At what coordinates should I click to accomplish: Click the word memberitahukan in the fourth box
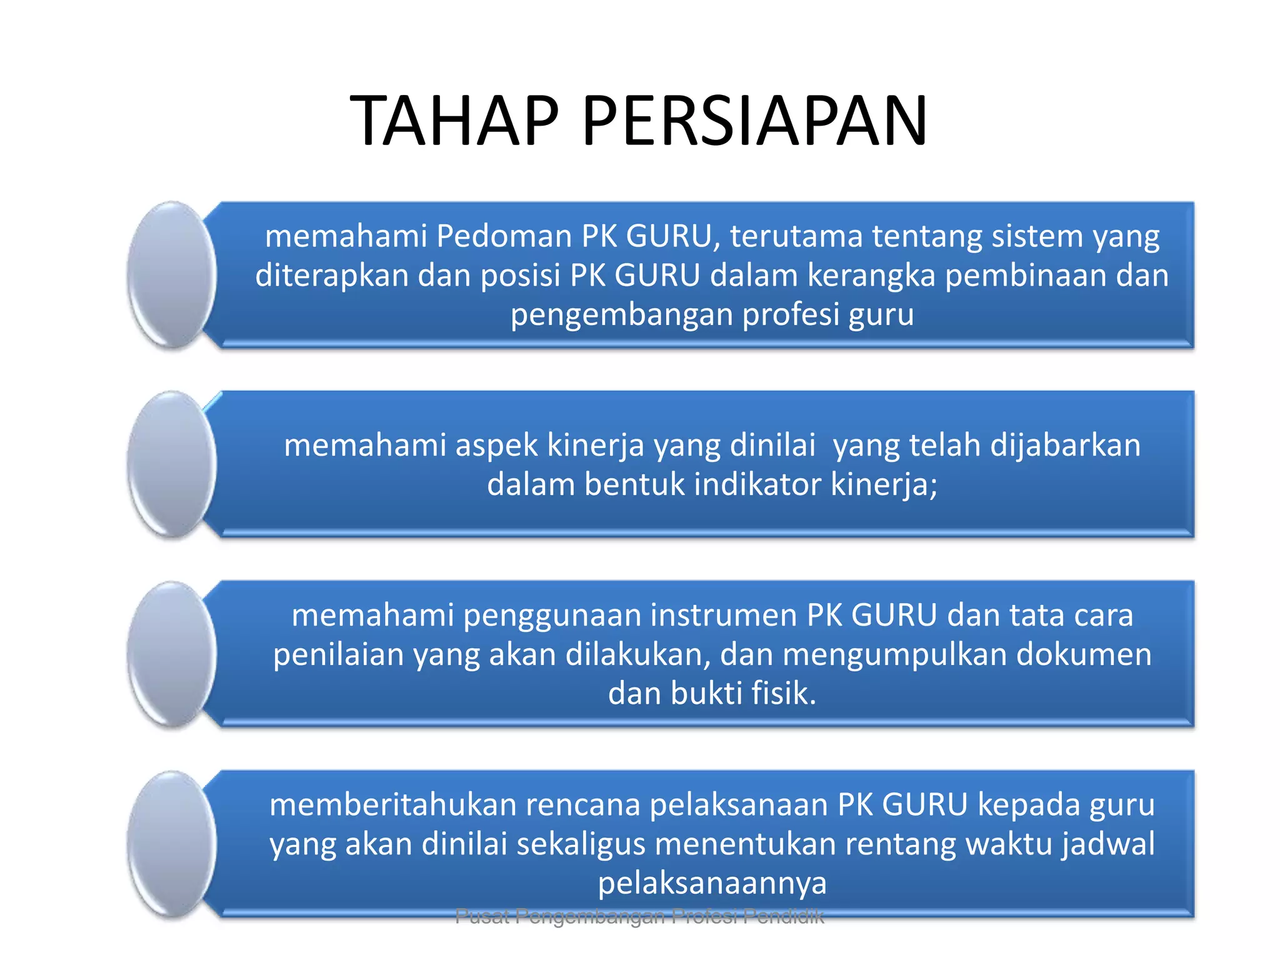point(392,805)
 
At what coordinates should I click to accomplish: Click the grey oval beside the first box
point(172,274)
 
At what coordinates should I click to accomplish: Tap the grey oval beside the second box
point(172,464)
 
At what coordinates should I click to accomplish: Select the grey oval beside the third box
point(172,654)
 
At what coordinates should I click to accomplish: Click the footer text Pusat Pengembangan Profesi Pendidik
point(639,917)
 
